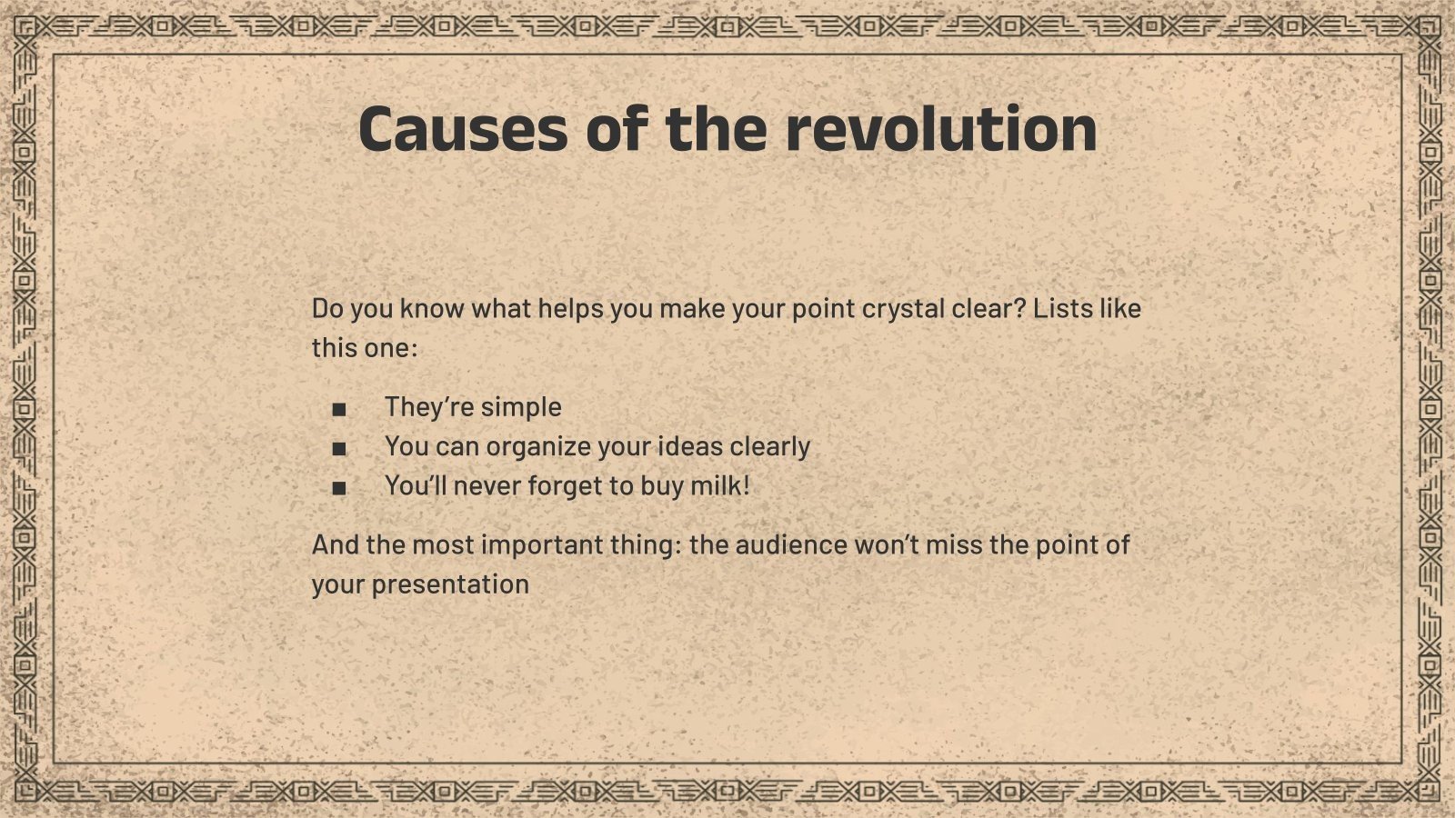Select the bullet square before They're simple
[x=339, y=409]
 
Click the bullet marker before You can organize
[x=339, y=448]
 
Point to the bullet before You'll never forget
[x=339, y=488]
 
